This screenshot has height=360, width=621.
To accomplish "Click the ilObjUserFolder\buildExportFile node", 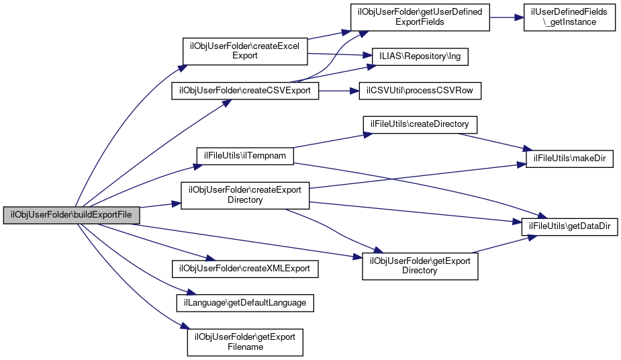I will pos(72,214).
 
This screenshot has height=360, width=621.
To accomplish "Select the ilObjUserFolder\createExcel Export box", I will pos(245,51).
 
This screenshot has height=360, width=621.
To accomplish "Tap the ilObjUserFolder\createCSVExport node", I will pos(245,90).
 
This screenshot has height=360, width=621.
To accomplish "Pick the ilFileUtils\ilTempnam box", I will pos(245,155).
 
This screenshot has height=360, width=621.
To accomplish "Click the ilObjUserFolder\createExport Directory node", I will pos(245,194).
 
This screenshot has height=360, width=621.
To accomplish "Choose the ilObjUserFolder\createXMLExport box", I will pos(245,268).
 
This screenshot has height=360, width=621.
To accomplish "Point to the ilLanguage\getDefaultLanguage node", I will pos(245,303).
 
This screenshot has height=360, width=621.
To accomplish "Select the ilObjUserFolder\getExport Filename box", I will pos(245,342).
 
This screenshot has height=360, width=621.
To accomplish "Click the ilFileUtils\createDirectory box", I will pos(420,125).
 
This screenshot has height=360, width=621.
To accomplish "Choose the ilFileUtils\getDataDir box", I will pos(569,227).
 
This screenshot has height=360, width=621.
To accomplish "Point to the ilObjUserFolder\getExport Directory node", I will pos(420,265).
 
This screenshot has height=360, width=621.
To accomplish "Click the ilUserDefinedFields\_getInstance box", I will pos(569,17).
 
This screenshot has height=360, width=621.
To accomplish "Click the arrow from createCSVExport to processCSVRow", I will pos(339,90).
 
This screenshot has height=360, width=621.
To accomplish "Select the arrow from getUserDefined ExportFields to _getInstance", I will pos(506,17).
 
